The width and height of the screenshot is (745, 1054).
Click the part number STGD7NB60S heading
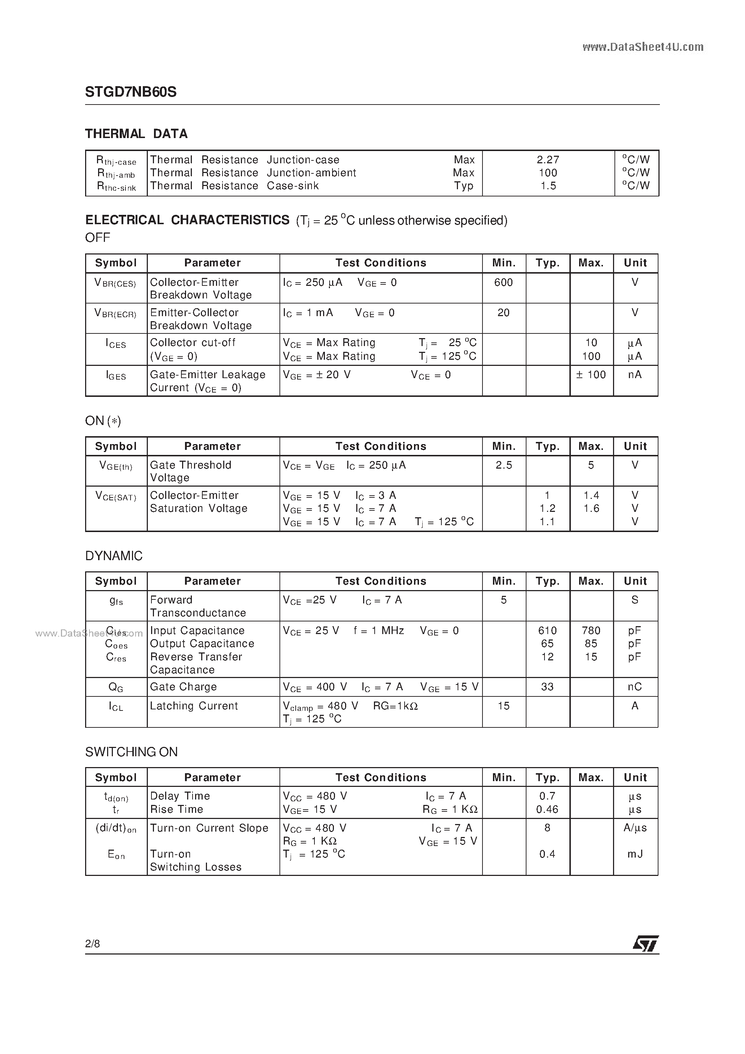coord(131,92)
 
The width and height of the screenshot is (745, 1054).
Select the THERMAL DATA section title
coord(136,134)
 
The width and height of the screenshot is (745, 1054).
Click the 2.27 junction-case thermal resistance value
coord(548,160)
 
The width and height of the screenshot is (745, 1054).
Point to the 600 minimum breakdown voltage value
coord(503,282)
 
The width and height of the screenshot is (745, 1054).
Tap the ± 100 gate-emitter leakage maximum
coord(591,375)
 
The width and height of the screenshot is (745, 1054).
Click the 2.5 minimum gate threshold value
coord(503,465)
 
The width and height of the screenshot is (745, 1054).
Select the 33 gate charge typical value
coord(547,687)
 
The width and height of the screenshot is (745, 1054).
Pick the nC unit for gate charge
coord(635,687)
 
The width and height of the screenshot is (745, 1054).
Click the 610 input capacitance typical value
coord(547,631)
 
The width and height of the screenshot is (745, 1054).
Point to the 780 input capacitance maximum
coord(591,631)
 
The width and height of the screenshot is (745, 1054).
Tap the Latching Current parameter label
coord(194,706)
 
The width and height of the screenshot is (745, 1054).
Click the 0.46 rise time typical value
coord(547,809)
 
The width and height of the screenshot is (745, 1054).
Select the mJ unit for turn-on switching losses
coord(635,854)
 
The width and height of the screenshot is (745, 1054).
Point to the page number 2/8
coord(92,943)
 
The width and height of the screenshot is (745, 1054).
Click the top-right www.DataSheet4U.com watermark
coord(643,47)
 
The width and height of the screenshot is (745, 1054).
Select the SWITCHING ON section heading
coord(131,752)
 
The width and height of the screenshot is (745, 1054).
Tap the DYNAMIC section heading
coord(114,556)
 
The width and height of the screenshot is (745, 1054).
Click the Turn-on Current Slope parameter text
coord(209,828)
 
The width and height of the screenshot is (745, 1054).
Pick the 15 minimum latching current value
coord(503,706)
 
